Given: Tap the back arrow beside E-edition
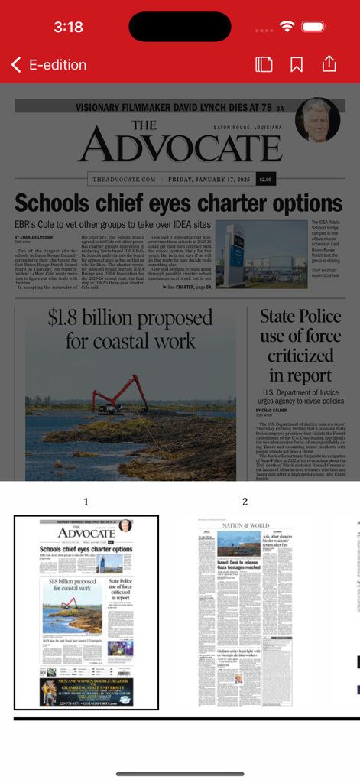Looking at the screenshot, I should point(16,65).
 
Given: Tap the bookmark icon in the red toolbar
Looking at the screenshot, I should point(297,64).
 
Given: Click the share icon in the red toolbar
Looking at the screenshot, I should point(329,63).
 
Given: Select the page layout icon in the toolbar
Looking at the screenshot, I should point(264,64).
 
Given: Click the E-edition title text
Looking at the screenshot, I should point(58,65).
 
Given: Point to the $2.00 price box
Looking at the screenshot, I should point(265,180).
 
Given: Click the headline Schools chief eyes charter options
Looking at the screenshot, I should point(178,203).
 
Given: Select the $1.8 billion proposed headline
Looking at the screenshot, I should point(130,328).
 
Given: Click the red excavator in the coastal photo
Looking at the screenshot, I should point(115,390).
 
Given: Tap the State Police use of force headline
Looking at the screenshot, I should point(300,345).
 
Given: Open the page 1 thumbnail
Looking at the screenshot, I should point(86,612).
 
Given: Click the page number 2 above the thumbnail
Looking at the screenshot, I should point(245,502).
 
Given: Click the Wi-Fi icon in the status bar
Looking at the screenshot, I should point(287,27).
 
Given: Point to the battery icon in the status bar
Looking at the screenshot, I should point(314,27).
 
